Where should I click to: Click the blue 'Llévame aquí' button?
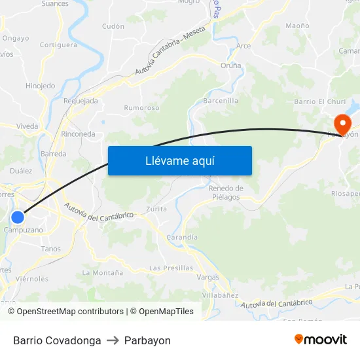pyautogui.click(x=180, y=160)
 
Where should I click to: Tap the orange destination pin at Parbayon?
pyautogui.click(x=342, y=124)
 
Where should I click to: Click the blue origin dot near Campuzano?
pyautogui.click(x=18, y=217)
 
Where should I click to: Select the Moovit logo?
pyautogui.click(x=321, y=340)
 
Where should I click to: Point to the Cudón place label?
pyautogui.click(x=113, y=26)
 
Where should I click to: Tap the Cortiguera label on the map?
pyautogui.click(x=58, y=45)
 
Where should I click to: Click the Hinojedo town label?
pyautogui.click(x=40, y=86)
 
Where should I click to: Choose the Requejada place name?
pyautogui.click(x=81, y=101)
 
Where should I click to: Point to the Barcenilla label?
pyautogui.click(x=221, y=101)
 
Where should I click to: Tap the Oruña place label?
pyautogui.click(x=230, y=65)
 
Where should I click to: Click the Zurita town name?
pyautogui.click(x=156, y=209)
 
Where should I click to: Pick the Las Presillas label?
pyautogui.click(x=171, y=268)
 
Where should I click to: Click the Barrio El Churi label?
pyautogui.click(x=320, y=101)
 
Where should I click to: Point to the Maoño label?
pyautogui.click(x=297, y=26)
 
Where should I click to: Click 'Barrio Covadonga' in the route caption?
pyautogui.click(x=57, y=340)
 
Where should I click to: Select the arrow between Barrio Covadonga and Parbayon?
pyautogui.click(x=113, y=340)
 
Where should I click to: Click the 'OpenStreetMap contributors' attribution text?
pyautogui.click(x=70, y=312)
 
